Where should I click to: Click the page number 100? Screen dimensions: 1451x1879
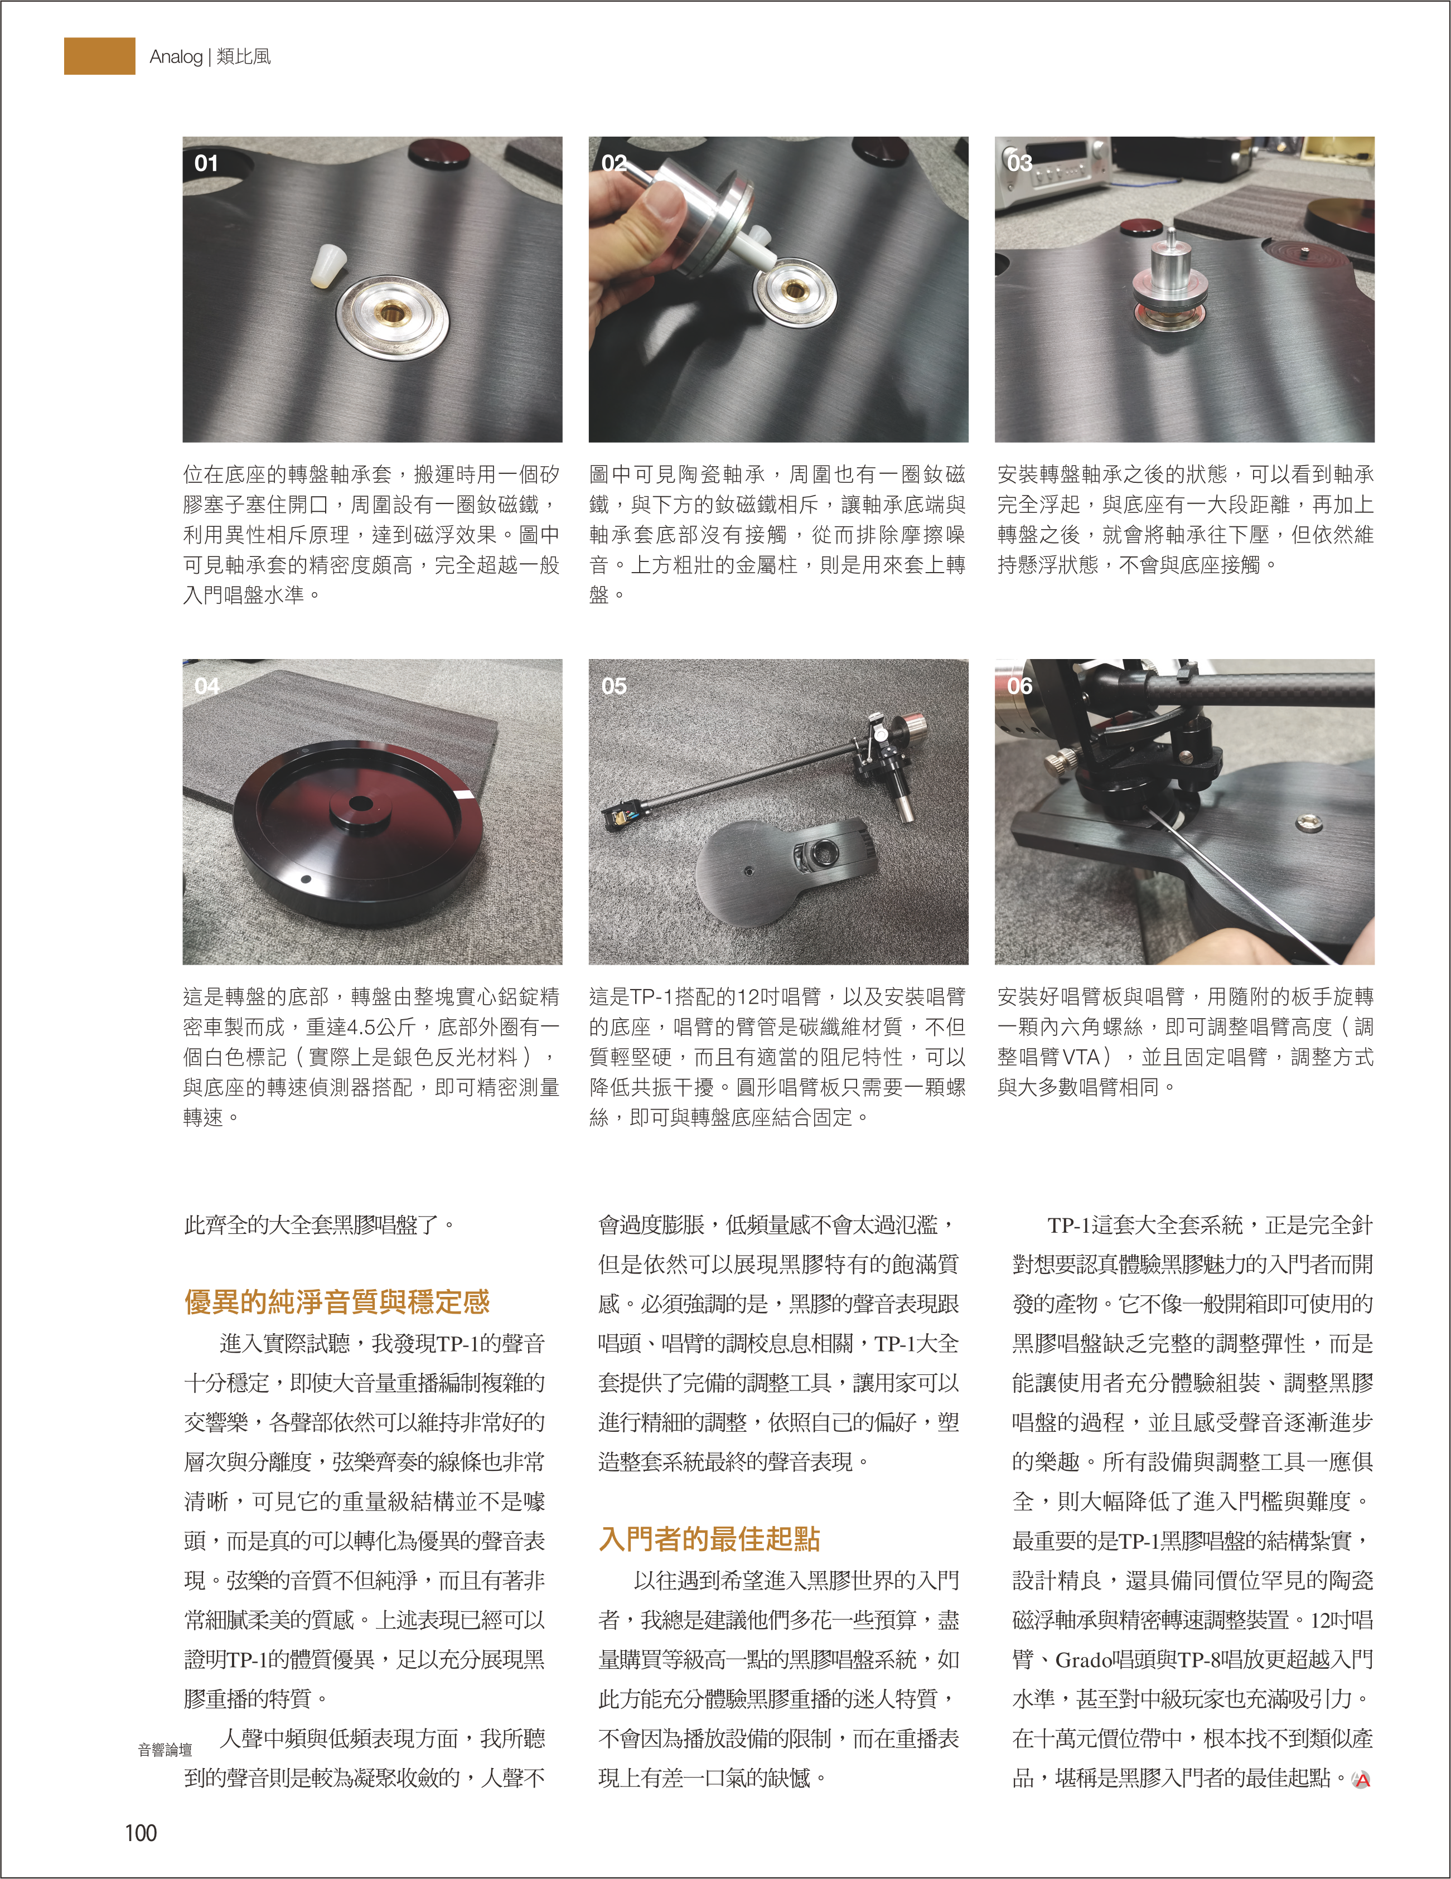(141, 1833)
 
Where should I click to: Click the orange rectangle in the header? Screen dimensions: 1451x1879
(100, 56)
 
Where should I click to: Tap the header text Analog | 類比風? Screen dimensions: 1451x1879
(210, 57)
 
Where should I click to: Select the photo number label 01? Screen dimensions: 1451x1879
(206, 163)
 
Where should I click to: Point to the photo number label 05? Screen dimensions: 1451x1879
(613, 686)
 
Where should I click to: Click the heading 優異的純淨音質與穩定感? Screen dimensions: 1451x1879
(336, 1302)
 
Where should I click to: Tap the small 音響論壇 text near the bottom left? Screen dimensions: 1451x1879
(165, 1750)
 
